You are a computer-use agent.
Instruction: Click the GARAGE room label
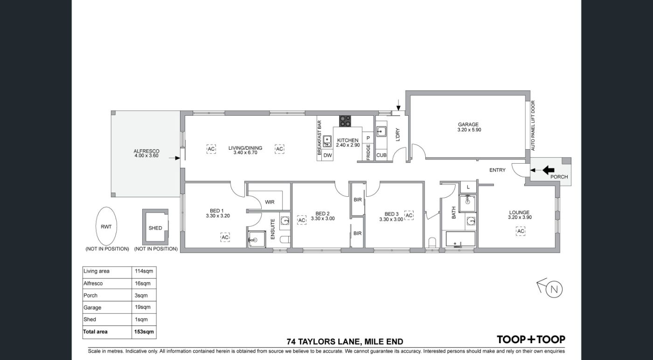468,125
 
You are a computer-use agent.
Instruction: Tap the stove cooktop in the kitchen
345,121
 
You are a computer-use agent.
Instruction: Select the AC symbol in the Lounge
521,231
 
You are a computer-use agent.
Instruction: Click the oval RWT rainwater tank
106,226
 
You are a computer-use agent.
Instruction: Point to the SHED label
155,228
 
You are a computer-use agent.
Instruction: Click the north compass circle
554,290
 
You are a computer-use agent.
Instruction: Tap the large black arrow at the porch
549,170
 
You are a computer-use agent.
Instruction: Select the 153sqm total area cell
144,332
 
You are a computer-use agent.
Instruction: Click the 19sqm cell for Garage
143,307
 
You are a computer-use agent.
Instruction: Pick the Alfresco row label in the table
93,284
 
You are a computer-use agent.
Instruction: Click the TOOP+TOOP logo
531,339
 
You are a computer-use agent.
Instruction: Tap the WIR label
270,202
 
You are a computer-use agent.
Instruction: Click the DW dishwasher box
327,155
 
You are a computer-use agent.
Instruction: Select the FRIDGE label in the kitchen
368,152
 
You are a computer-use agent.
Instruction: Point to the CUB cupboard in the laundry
382,155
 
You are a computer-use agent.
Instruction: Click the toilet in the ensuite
285,240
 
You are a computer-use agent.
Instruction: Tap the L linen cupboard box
468,187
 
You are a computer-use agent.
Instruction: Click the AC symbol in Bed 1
225,237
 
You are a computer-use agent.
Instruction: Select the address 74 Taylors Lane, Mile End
345,342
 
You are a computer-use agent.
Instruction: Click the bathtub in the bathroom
461,239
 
